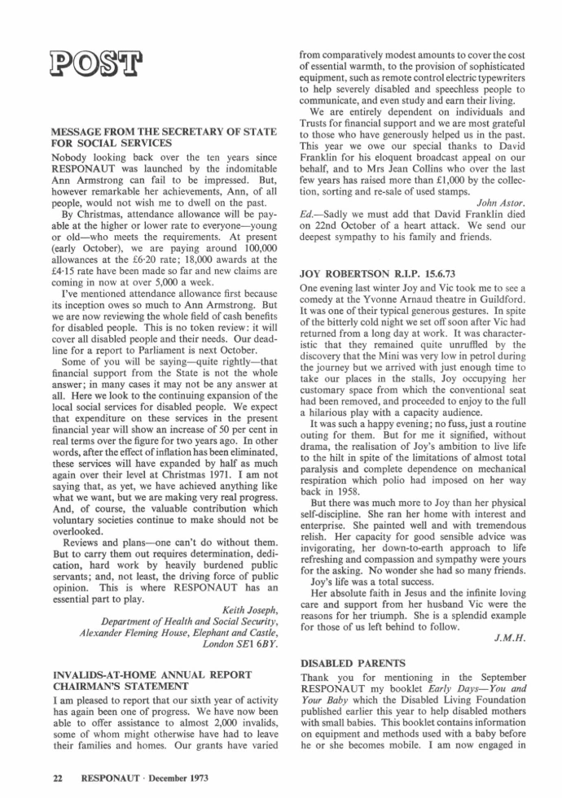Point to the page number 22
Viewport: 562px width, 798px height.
(x=58, y=778)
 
